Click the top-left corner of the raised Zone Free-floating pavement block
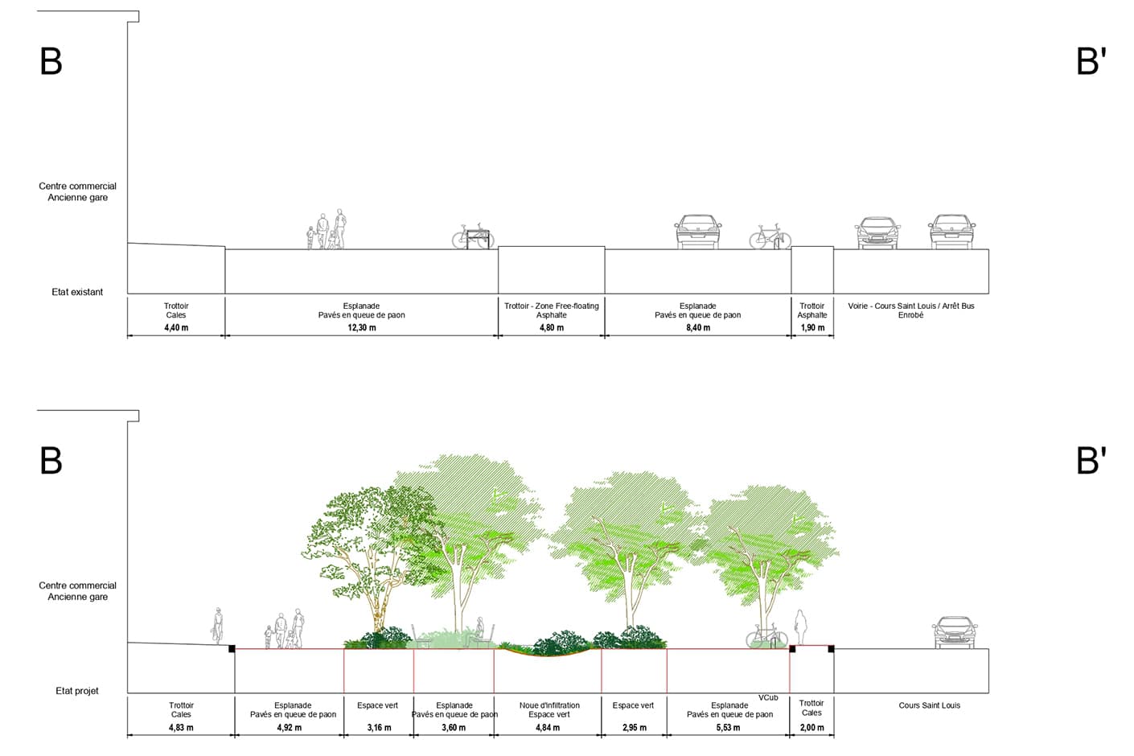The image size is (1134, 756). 499,247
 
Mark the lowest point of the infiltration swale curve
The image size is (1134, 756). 548,656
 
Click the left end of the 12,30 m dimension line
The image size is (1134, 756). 225,335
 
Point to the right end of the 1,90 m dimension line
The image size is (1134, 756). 834,335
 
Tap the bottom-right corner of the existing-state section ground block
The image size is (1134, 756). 988,294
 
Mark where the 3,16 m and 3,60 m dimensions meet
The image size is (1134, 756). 413,735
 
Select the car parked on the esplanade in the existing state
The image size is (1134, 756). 698,232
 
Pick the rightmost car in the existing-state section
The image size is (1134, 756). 951,232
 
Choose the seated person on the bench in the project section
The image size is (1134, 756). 478,632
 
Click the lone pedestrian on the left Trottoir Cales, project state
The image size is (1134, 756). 217,627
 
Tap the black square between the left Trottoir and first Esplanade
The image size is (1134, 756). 232,649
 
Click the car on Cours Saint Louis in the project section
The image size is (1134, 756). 955,632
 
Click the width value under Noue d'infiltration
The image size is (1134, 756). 548,728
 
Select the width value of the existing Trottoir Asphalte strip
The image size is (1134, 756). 812,327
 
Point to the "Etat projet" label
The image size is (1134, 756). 77,691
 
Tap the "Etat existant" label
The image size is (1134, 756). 77,292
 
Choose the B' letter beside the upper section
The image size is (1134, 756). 1091,61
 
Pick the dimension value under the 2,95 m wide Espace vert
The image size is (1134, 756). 635,728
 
